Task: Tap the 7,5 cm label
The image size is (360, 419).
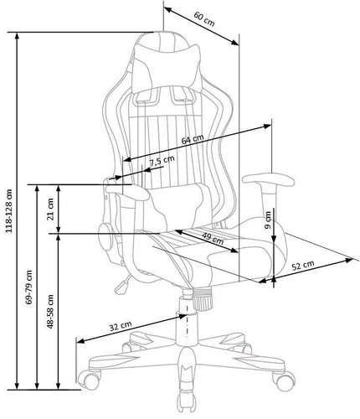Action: pos(162,160)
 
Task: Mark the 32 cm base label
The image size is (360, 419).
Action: pos(121,325)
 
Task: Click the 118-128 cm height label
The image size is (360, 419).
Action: pos(9,209)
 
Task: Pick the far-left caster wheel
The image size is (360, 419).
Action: pos(85,381)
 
